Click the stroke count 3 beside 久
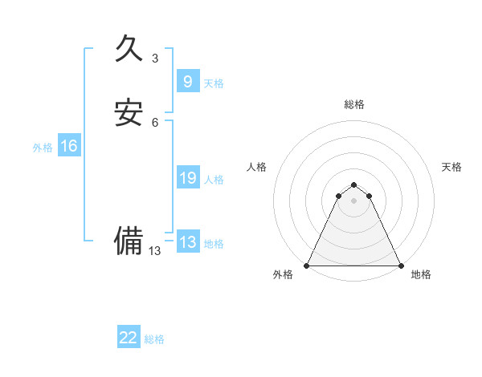point(155,58)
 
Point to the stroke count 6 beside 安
point(155,122)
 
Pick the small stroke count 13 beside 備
point(155,250)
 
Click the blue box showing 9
point(187,81)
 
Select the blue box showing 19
point(187,178)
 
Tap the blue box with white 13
point(187,242)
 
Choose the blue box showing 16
point(69,146)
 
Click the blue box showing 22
point(129,338)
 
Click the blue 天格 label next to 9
point(214,83)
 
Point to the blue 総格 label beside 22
point(154,340)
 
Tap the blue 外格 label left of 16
point(43,148)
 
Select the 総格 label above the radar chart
point(354,104)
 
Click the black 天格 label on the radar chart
point(451,167)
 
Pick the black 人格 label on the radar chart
point(256,167)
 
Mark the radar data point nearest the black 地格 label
point(401,266)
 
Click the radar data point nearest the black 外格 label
point(307,266)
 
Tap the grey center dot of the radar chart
point(354,201)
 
